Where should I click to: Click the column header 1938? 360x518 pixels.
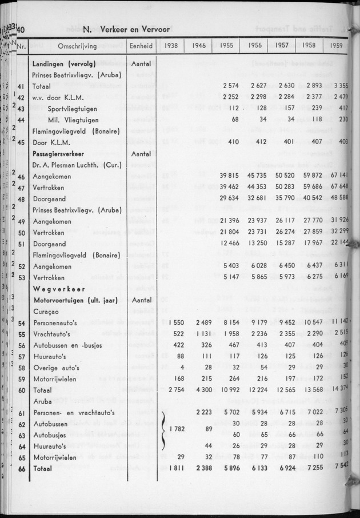point(170,46)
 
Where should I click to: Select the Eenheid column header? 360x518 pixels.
point(140,46)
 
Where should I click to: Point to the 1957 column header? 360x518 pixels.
point(282,46)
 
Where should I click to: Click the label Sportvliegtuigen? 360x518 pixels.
point(73,109)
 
